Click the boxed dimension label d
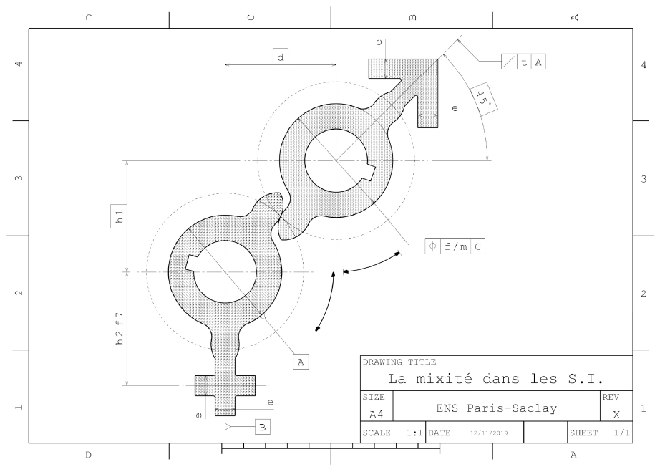(281, 57)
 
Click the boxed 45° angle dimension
(484, 100)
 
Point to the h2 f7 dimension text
(120, 328)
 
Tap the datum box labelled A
(301, 362)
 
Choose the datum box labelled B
(263, 427)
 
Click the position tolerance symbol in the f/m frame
(432, 246)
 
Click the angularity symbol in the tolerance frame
(509, 62)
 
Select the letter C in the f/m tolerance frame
(477, 246)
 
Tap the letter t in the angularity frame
(524, 62)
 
